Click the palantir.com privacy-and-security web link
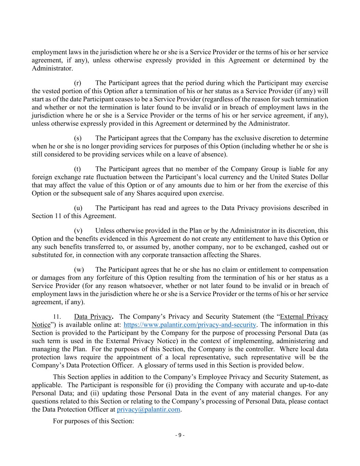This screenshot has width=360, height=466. tap(189, 325)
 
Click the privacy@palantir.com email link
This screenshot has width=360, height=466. tap(148, 409)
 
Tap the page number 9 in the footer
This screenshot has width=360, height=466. tap(180, 435)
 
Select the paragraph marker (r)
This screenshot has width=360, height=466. tap(78, 83)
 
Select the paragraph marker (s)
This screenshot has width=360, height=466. tap(78, 138)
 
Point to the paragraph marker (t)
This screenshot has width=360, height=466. tap(77, 169)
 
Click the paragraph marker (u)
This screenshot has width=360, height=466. tap(78, 208)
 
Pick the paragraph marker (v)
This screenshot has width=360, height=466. tap(78, 231)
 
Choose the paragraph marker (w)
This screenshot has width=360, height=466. tap(78, 270)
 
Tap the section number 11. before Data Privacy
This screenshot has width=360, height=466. tap(57, 317)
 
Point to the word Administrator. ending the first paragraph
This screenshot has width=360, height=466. tap(52, 68)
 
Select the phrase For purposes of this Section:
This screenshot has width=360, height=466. tap(93, 421)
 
